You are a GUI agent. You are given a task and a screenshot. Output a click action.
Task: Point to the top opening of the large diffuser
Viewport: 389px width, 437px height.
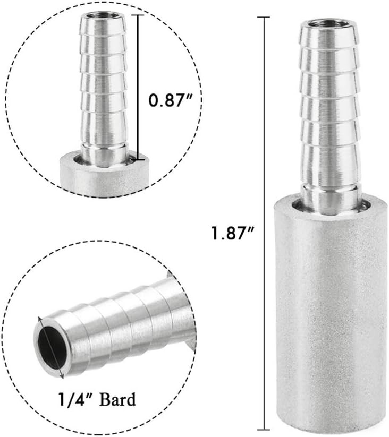326,23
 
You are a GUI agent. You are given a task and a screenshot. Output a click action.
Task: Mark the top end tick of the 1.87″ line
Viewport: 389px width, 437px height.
263,18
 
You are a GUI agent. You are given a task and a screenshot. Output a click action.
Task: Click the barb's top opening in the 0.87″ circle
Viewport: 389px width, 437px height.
103,16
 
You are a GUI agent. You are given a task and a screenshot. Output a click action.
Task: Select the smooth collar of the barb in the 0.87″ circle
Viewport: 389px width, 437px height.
104,154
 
